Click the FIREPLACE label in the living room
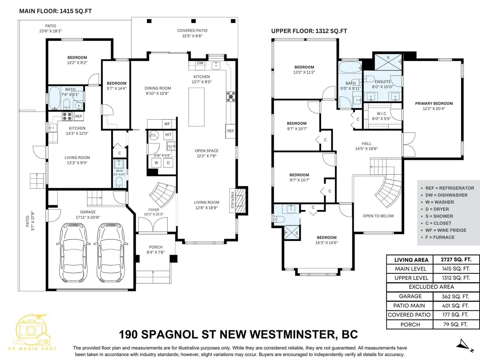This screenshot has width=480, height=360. coord(232,200)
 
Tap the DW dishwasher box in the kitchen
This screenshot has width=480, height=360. coord(200,63)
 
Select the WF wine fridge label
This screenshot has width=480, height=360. coord(167,124)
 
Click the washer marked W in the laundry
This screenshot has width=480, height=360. coord(156,163)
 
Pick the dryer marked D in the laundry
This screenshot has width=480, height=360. coord(168,163)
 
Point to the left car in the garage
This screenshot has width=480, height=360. coord(73,252)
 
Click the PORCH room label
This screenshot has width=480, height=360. coord(156,247)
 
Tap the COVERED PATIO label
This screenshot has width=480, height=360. coord(192,31)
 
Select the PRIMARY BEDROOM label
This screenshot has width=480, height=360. coord(434,103)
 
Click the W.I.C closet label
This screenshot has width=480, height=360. coord(381,113)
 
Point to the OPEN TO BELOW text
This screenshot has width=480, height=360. coord(378,216)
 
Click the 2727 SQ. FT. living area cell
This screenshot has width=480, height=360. coord(456,259)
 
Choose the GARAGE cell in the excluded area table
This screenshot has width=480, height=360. coord(410,296)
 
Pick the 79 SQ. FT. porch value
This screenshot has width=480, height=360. coord(455,324)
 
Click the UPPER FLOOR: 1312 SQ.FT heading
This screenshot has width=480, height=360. coord(309,31)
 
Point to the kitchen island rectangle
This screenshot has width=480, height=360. coord(196,107)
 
